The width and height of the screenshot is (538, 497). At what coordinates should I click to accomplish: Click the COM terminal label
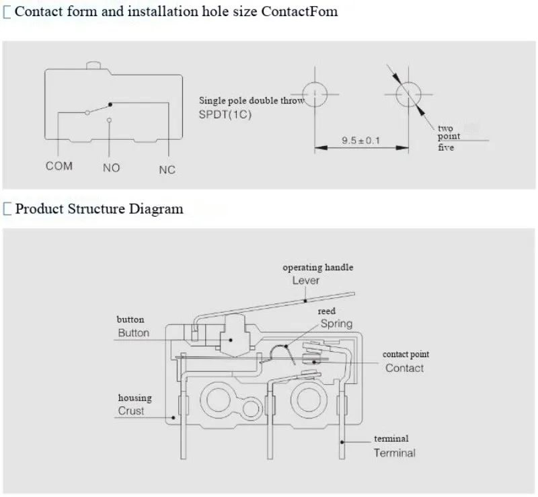(59, 166)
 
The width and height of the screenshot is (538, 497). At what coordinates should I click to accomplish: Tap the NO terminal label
(111, 168)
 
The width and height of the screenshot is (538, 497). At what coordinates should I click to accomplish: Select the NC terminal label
(167, 169)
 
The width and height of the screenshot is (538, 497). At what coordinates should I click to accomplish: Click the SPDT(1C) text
(225, 114)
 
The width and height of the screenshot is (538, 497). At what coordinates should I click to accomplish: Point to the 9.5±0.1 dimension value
(360, 141)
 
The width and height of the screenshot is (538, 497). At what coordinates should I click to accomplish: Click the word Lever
(306, 280)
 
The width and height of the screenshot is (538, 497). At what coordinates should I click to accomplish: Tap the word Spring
(337, 324)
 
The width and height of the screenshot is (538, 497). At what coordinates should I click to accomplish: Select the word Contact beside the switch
(405, 368)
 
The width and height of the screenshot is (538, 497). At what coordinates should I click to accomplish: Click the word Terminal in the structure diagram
(395, 453)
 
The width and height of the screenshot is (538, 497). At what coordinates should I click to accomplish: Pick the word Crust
(131, 411)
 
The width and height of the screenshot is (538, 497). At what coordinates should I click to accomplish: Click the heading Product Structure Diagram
(99, 208)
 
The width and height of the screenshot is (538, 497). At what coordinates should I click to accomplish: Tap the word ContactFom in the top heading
(299, 11)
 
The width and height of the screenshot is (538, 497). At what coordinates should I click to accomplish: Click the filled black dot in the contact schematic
(110, 104)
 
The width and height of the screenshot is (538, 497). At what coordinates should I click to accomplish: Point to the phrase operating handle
(317, 268)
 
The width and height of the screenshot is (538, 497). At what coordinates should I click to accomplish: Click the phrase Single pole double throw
(252, 101)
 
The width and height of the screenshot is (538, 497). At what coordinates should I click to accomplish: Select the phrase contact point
(406, 354)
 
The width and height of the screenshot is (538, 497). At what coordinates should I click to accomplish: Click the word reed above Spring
(327, 311)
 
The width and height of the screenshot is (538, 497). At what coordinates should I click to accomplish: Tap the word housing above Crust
(135, 398)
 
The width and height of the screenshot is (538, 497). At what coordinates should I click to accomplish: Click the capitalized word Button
(133, 333)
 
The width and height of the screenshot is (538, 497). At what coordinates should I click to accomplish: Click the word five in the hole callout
(446, 147)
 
